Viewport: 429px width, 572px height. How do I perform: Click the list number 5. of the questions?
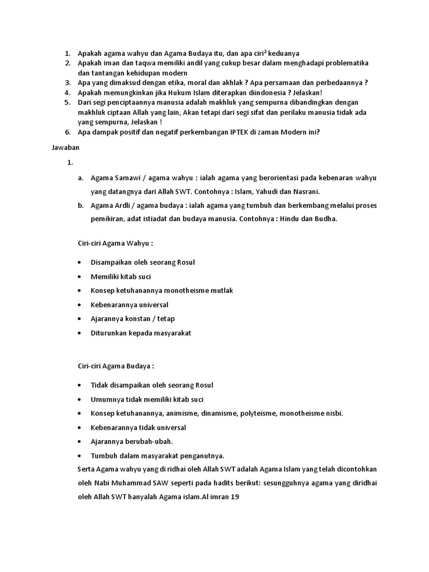[67, 103]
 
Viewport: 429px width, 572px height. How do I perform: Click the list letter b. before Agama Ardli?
[81, 205]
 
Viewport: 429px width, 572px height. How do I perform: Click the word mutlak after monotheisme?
[221, 290]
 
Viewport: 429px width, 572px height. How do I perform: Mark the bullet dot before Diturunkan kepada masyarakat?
[81, 333]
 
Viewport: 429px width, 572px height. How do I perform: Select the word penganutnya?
[202, 455]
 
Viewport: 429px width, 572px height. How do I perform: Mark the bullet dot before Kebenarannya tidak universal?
[81, 427]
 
